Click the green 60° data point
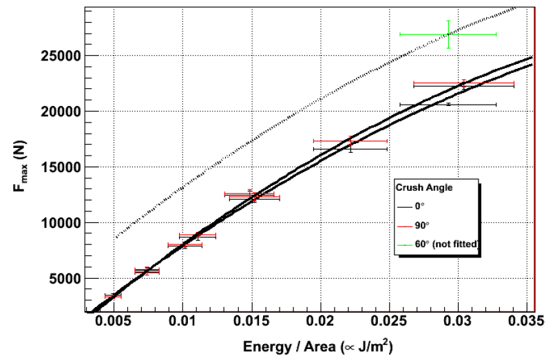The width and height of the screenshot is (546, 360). (x=449, y=34)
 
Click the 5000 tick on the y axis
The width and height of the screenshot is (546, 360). (x=65, y=279)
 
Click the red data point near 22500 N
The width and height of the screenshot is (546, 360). (x=463, y=84)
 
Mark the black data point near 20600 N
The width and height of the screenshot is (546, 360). (x=448, y=105)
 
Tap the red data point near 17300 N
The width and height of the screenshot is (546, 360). (x=350, y=141)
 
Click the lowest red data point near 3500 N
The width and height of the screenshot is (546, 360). (x=112, y=296)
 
